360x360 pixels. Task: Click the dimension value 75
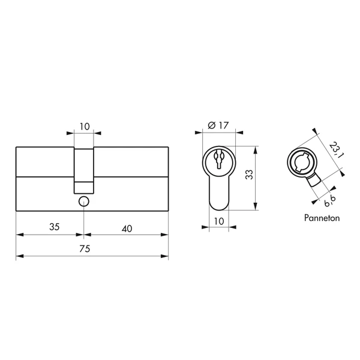(92, 250)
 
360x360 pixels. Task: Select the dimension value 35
(54, 227)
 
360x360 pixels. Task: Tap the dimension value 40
(127, 227)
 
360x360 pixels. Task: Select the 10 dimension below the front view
(218, 221)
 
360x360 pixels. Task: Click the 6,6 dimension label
(329, 200)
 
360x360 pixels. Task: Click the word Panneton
(322, 218)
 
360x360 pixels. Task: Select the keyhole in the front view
(218, 160)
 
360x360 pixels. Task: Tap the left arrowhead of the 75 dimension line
(19, 257)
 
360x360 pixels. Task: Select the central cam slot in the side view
(84, 169)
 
